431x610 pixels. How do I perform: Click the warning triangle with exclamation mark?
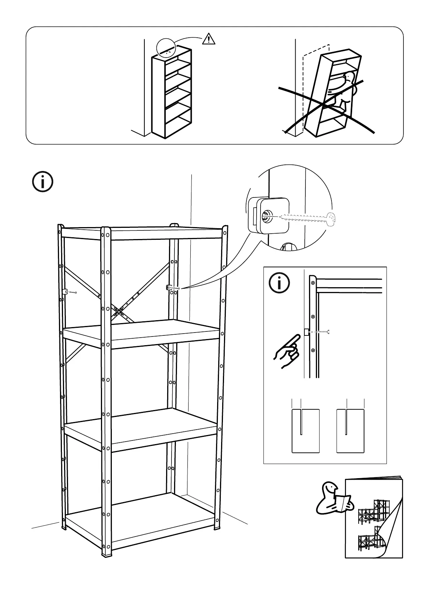click(208, 39)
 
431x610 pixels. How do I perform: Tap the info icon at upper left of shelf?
click(43, 182)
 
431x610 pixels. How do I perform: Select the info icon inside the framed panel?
click(279, 283)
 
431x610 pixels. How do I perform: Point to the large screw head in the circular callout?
click(331, 218)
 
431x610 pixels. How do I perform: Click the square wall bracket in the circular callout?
click(270, 216)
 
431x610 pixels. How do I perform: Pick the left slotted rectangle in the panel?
click(306, 431)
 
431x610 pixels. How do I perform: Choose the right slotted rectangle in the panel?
click(350, 431)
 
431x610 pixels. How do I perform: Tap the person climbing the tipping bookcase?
click(343, 91)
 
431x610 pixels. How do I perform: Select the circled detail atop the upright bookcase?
click(166, 49)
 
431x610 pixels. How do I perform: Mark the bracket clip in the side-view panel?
click(307, 332)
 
